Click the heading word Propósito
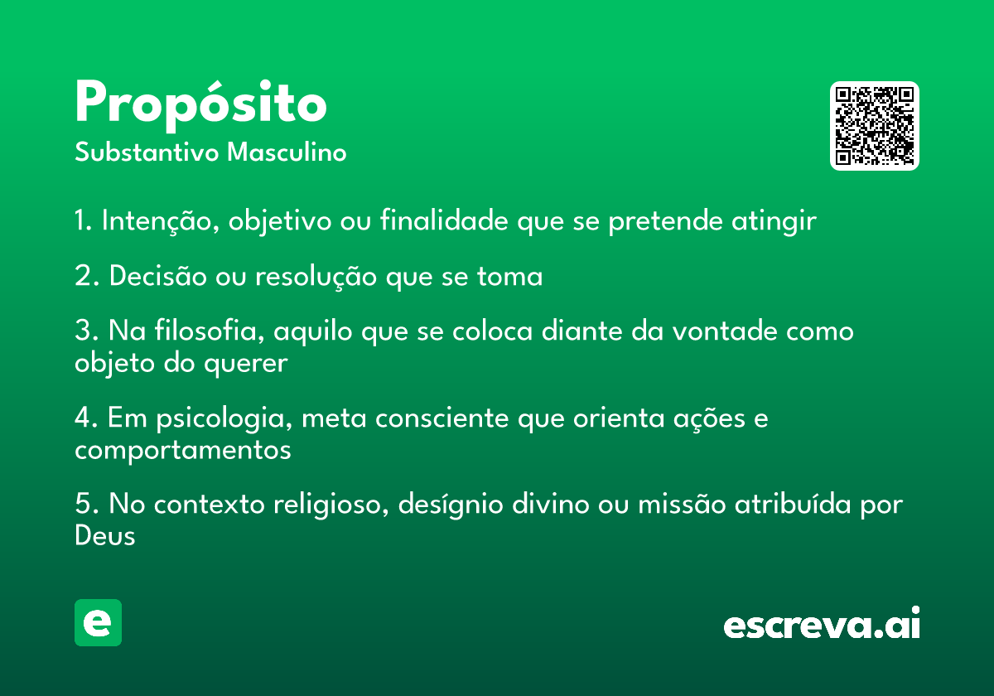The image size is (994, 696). pos(200,105)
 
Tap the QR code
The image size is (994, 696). pos(875,126)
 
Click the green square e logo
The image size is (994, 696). pos(98,623)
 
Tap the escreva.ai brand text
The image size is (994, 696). pos(822,626)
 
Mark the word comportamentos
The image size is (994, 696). pos(183,451)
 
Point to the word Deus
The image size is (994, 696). pos(104,536)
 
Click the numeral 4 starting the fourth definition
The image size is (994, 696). pos(83,418)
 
